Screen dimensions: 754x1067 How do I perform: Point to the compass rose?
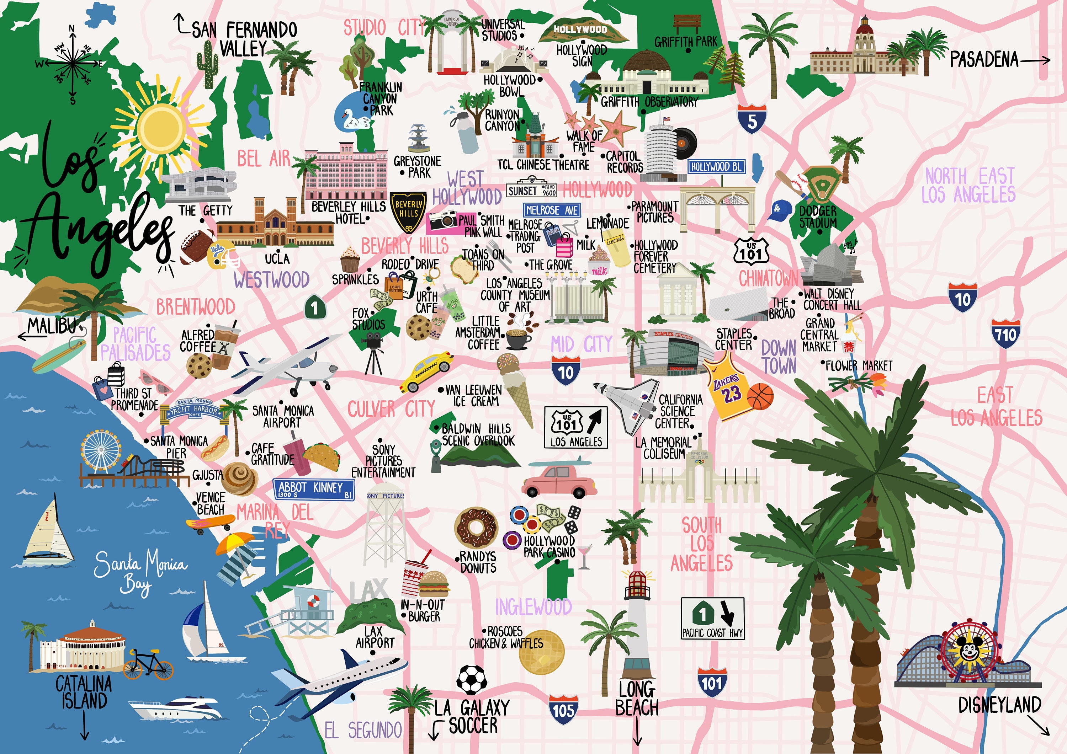[x=72, y=65]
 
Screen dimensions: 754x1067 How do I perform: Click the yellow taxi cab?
[x=426, y=371]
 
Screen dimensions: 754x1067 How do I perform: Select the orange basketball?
[x=760, y=396]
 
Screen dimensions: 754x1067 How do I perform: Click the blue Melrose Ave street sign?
[x=552, y=210]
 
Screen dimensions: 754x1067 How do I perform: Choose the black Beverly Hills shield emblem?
[x=408, y=212]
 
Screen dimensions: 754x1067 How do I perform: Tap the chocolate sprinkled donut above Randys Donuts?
[x=476, y=528]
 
